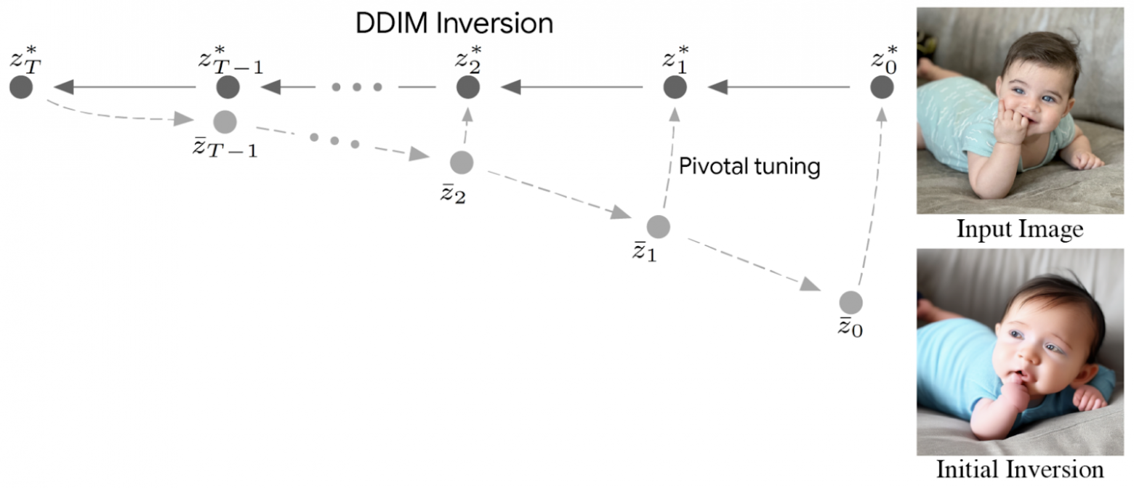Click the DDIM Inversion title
(x=454, y=23)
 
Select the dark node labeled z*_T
(x=21, y=88)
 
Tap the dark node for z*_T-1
(x=228, y=88)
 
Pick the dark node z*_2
(x=467, y=88)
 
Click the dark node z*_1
(x=675, y=88)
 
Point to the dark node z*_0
(x=882, y=88)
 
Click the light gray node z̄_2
(x=462, y=162)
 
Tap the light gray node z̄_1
(x=658, y=227)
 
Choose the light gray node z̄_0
(x=850, y=301)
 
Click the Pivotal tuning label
(x=749, y=167)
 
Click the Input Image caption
(x=1020, y=230)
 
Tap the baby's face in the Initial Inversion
(x=1036, y=337)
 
